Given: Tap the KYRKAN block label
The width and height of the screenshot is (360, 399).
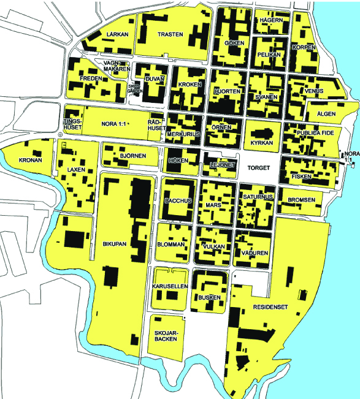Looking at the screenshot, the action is [x=261, y=143].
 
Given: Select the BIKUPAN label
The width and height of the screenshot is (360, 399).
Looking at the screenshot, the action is [x=114, y=244].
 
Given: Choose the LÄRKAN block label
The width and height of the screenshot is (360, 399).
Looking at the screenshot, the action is [x=117, y=35].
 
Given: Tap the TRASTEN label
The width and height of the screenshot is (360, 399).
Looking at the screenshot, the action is [x=170, y=35].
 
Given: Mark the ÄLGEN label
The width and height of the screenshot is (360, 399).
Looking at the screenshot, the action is [x=327, y=115].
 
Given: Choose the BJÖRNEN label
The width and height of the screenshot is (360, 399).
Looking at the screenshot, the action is [x=133, y=156].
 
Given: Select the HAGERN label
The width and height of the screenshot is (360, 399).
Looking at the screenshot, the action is [x=271, y=20].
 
